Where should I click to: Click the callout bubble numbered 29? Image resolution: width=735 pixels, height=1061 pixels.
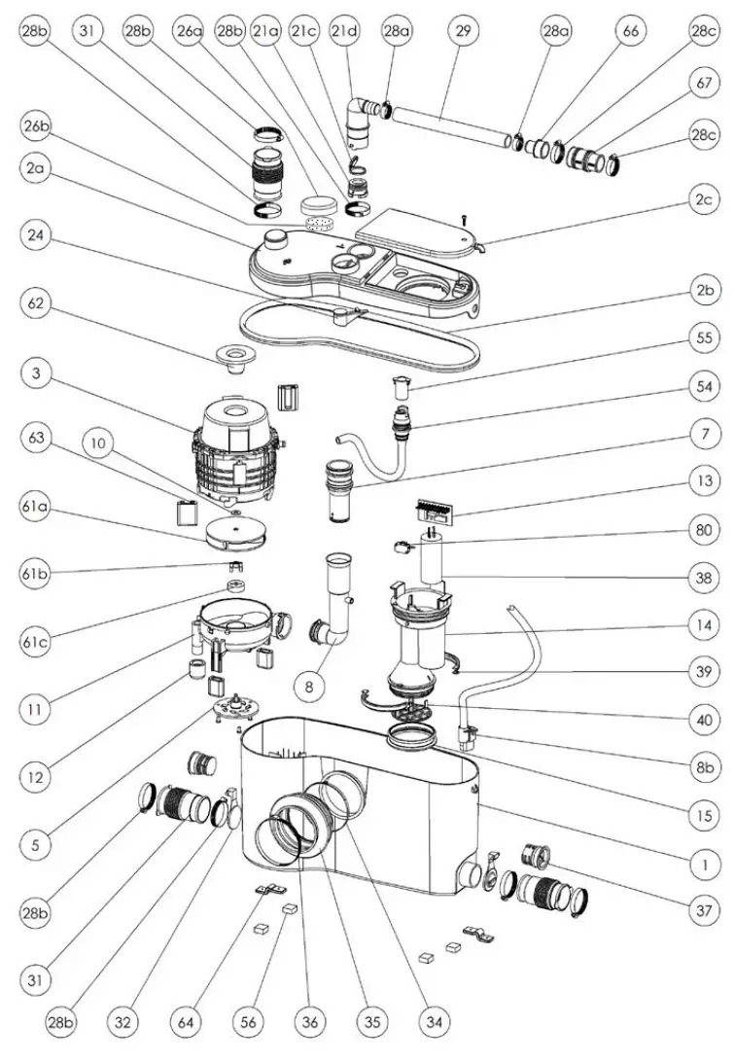463,30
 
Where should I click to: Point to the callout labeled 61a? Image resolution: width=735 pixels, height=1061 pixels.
35,509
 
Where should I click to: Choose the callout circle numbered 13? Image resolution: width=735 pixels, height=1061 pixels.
702,481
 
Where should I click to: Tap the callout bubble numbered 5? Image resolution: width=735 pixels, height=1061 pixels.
35,844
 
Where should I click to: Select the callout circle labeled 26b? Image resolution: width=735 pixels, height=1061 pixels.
35,126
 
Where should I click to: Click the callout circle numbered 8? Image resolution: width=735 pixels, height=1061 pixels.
309,687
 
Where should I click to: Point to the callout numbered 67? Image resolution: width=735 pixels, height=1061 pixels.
702,86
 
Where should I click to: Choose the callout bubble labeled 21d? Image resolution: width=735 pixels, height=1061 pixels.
345,30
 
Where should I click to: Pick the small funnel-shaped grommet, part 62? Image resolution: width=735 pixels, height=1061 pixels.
236,357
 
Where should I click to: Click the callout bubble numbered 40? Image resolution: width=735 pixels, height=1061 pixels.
702,721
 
